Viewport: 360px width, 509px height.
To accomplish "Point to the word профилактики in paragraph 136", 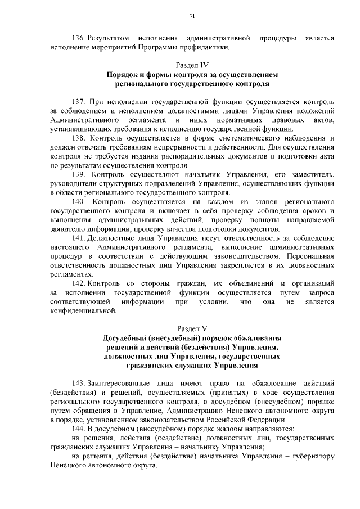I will [207, 47].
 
